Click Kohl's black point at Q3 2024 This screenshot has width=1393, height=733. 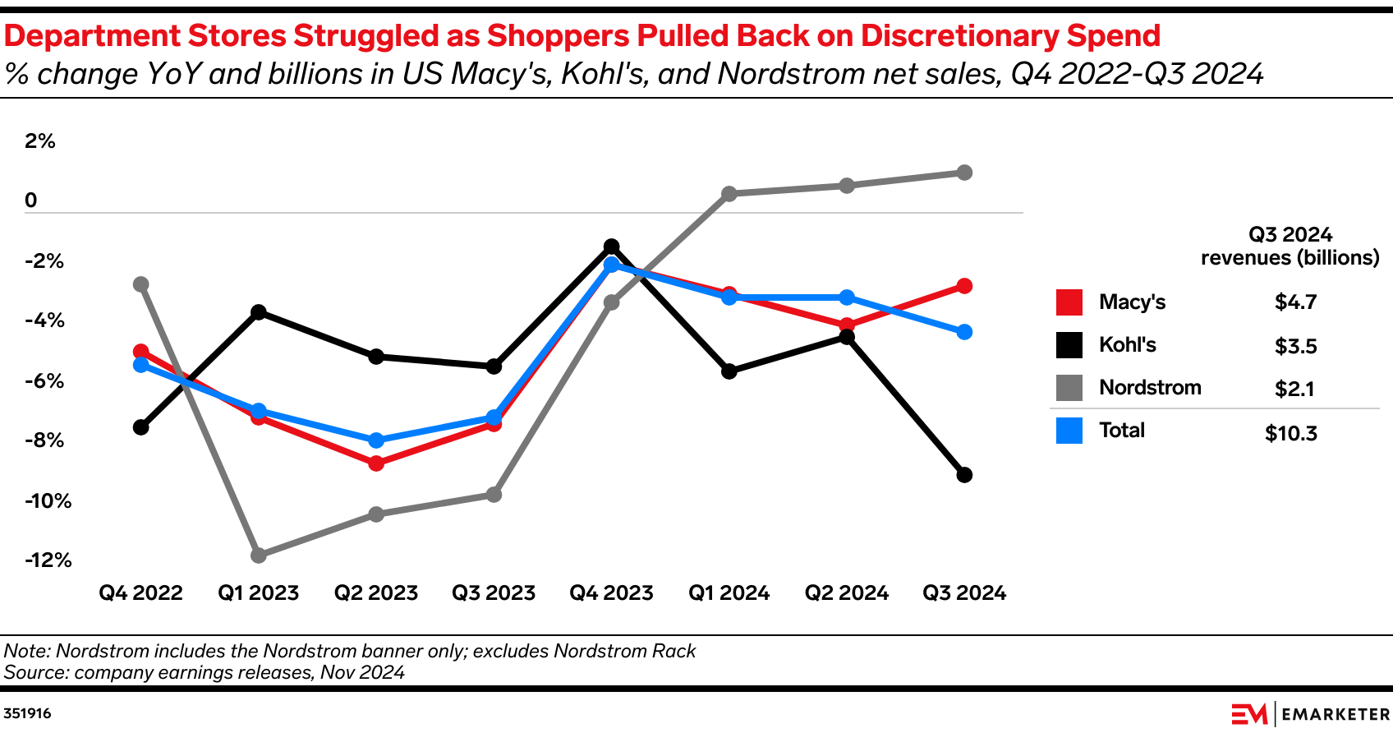(x=964, y=475)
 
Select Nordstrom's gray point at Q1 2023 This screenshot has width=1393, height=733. (x=259, y=556)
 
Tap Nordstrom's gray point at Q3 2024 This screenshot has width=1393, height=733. (x=964, y=173)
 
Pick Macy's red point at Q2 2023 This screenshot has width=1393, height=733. (x=376, y=463)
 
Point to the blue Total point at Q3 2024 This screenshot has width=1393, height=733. (x=964, y=332)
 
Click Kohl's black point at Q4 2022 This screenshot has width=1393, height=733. (x=140, y=427)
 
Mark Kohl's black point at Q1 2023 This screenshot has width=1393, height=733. (x=259, y=312)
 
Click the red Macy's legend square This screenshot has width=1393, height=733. (x=1069, y=302)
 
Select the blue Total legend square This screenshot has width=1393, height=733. (x=1069, y=431)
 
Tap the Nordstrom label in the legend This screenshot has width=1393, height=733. (x=1150, y=388)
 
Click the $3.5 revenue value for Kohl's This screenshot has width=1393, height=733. (x=1295, y=346)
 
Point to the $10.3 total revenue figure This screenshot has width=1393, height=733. (x=1290, y=433)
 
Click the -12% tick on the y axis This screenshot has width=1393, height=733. (x=48, y=560)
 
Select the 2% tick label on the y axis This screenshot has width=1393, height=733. (x=39, y=141)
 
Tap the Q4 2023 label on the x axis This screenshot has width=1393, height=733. (x=611, y=593)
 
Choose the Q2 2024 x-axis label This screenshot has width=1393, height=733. (x=846, y=593)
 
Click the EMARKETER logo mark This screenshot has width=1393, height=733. (x=1249, y=714)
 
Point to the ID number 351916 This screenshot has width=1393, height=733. (x=28, y=713)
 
